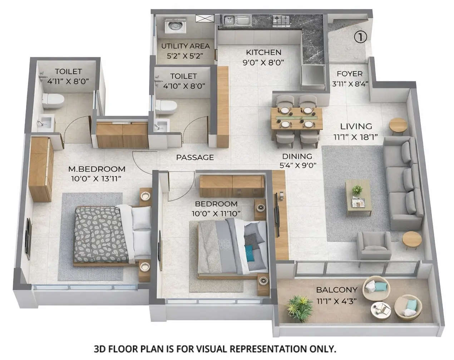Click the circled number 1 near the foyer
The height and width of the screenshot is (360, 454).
[361, 37]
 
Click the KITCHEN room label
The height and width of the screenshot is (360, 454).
[263, 53]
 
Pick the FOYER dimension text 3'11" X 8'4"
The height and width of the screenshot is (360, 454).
[350, 84]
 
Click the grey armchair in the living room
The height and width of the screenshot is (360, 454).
[374, 245]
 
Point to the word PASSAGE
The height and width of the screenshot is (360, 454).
[195, 157]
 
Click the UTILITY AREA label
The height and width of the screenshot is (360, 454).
[185, 46]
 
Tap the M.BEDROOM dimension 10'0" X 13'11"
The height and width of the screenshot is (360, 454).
[97, 178]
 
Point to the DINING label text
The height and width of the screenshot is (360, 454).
[297, 156]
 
